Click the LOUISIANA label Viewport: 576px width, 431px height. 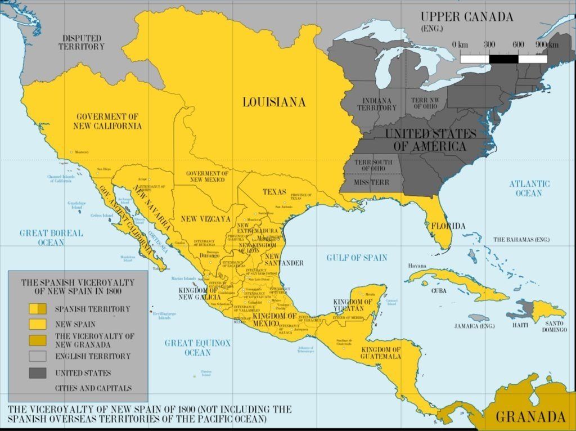point(274,102)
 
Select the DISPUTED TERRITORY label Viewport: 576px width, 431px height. point(82,42)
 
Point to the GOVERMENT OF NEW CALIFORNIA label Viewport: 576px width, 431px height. point(107,121)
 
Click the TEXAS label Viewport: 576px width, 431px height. point(274,192)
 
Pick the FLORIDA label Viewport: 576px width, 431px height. point(448,226)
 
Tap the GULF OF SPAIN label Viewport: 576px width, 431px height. point(357,258)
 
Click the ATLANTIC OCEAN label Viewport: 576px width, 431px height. point(529,188)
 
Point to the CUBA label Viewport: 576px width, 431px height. point(439,291)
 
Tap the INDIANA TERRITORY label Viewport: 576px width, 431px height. point(377,104)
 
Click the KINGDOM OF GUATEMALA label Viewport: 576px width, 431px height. point(381,353)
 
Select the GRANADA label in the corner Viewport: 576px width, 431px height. point(530,417)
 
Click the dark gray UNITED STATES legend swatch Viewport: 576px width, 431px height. point(38,372)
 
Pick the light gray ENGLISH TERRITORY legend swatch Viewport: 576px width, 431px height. point(38,356)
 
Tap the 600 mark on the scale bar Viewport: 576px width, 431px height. point(518,44)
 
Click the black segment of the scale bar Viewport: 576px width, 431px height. point(503,58)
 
